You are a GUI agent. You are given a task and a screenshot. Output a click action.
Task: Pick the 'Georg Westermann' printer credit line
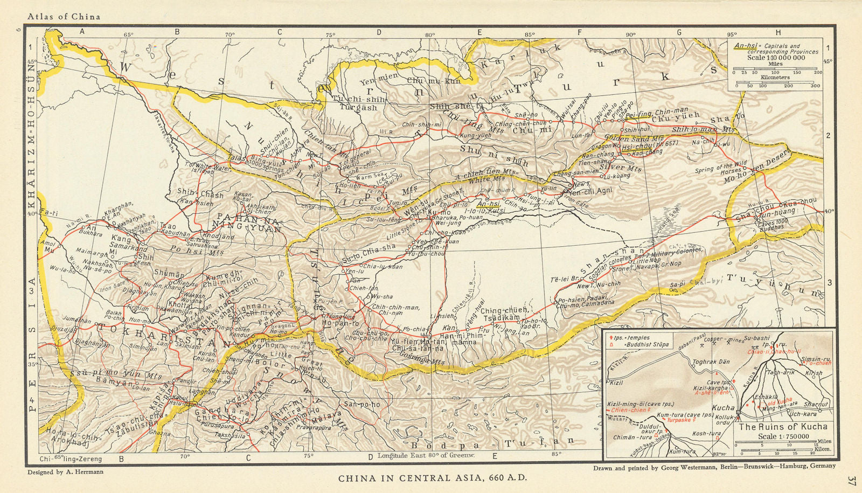[x=714, y=467]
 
